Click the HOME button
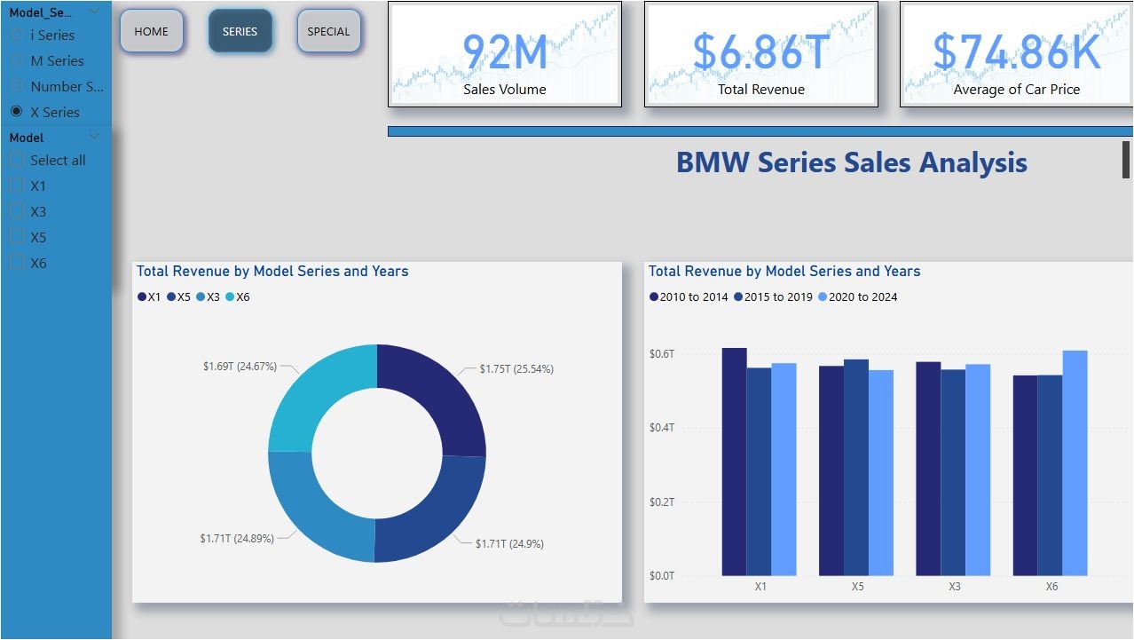[151, 32]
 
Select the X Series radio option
[16, 112]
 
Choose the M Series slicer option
[16, 60]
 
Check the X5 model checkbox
[16, 237]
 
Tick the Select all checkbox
[16, 160]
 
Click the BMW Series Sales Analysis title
[851, 162]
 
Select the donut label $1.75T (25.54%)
[516, 368]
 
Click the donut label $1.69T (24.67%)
[240, 366]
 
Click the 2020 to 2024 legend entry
[857, 297]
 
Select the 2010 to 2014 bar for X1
[734, 462]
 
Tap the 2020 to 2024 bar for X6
[1075, 462]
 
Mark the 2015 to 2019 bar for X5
[855, 467]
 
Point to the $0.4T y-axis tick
[662, 428]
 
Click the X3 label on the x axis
[954, 587]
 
